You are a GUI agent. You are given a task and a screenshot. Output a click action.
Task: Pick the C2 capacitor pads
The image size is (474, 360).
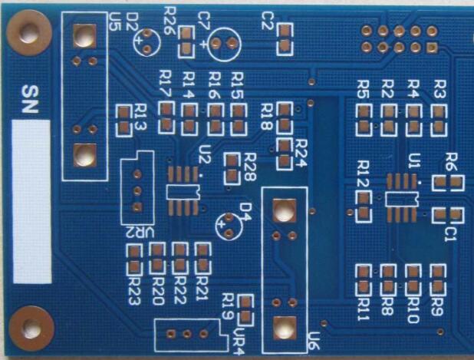tap(285, 39)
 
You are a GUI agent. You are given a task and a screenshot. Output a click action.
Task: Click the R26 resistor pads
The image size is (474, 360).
tap(186, 41)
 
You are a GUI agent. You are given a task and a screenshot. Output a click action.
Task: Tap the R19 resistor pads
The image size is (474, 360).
tap(246, 309)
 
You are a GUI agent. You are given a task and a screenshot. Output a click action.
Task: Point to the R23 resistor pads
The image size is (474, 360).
tap(135, 259)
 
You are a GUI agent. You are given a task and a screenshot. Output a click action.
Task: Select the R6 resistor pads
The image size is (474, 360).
tap(448, 183)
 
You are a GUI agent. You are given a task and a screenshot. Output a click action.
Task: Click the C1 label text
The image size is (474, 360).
tap(451, 231)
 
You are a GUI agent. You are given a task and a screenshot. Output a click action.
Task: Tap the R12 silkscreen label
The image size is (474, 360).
tap(364, 170)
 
